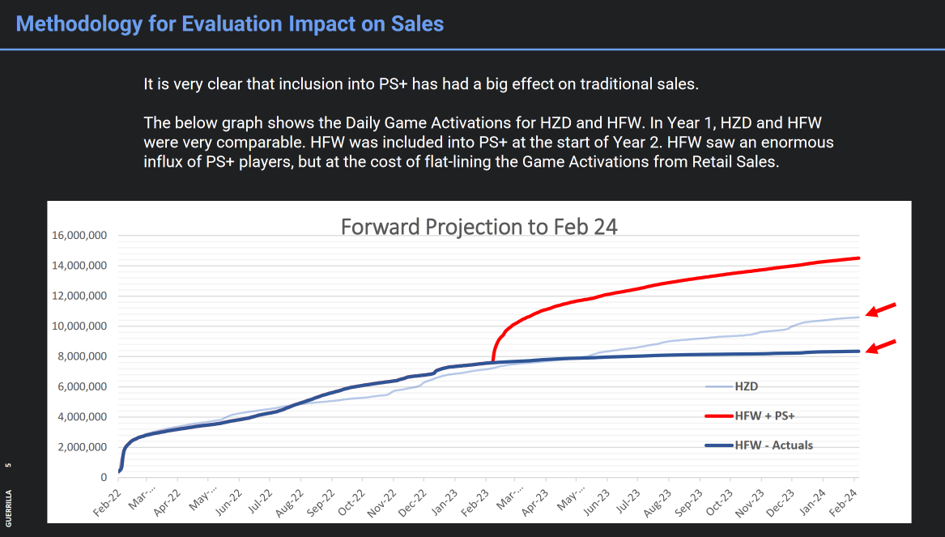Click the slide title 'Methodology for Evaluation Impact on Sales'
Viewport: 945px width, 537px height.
(x=230, y=23)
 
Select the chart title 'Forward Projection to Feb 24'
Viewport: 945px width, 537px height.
(x=479, y=226)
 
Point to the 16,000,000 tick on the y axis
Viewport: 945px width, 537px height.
(x=79, y=236)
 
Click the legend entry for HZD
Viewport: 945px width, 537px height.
(x=746, y=387)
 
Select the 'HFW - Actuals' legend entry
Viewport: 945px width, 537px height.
(x=773, y=445)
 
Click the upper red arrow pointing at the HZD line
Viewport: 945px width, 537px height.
(x=882, y=309)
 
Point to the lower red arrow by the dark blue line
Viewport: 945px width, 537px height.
(x=882, y=347)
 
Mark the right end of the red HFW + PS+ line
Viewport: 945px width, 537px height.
(x=858, y=258)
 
